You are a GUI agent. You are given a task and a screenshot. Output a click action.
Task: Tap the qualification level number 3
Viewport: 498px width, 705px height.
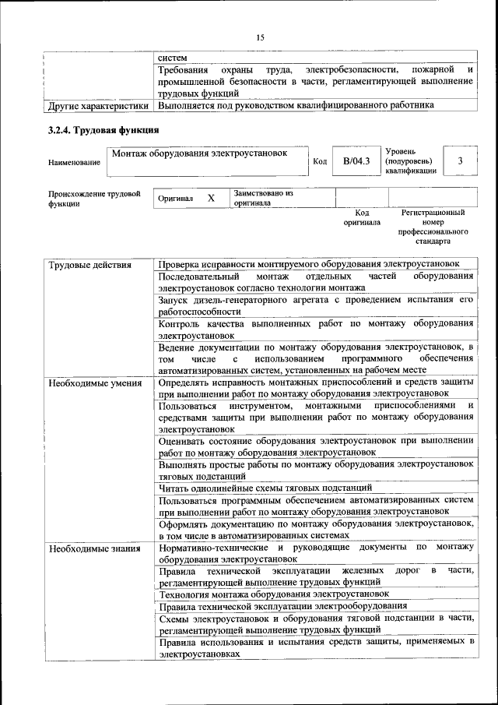point(461,160)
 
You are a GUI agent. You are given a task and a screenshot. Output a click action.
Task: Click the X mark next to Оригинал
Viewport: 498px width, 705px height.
point(211,199)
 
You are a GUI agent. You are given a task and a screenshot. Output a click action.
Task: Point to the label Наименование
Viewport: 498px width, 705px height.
point(74,162)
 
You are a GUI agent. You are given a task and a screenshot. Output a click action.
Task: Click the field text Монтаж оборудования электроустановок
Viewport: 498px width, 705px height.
point(200,153)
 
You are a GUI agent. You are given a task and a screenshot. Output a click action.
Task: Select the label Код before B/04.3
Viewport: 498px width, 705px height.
point(319,162)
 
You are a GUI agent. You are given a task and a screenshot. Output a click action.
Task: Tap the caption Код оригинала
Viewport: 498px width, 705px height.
point(362,217)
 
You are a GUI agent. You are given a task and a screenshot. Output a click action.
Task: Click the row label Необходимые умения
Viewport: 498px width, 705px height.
point(95,382)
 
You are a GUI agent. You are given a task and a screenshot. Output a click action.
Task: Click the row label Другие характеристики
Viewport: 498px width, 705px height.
point(98,104)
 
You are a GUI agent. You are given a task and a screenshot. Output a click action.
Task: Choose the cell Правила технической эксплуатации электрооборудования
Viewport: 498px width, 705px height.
point(282,605)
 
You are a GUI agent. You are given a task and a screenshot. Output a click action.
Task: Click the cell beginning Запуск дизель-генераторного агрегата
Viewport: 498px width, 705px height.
point(315,305)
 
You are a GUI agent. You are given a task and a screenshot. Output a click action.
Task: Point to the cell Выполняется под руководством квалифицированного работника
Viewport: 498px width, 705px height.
point(296,104)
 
